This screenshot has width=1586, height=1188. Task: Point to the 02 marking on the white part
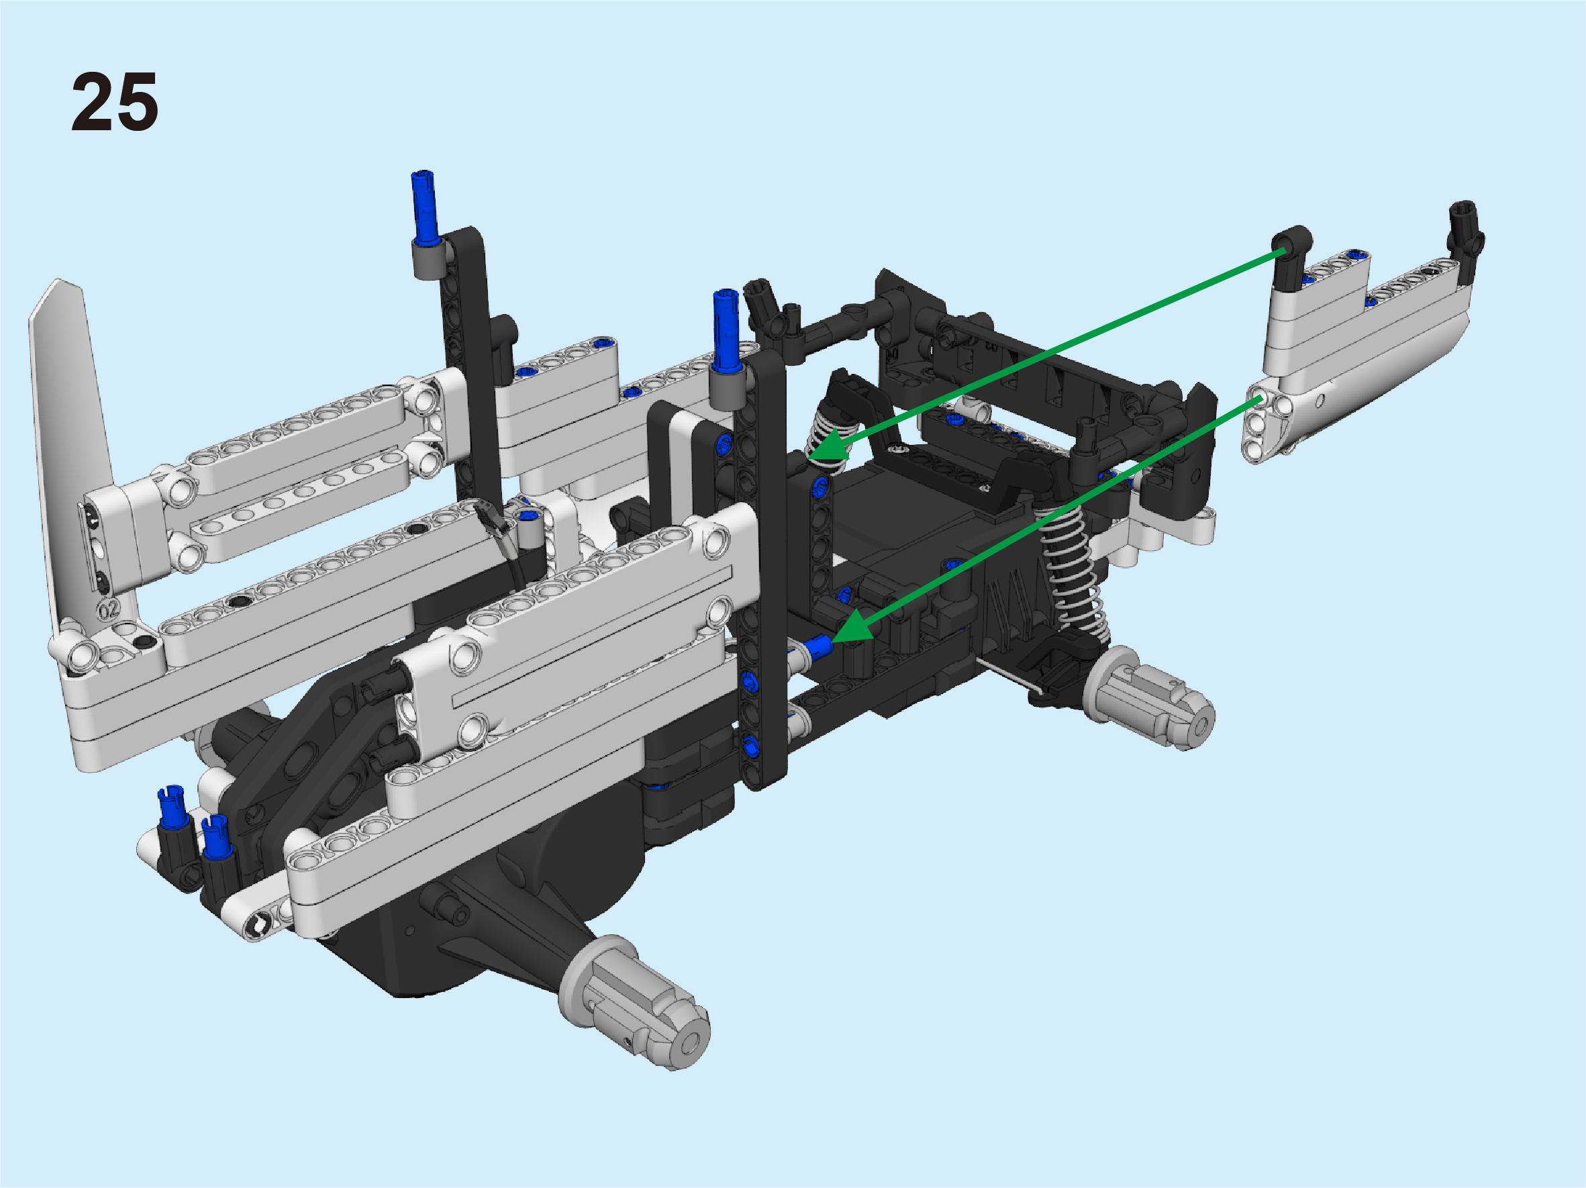(x=108, y=611)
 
